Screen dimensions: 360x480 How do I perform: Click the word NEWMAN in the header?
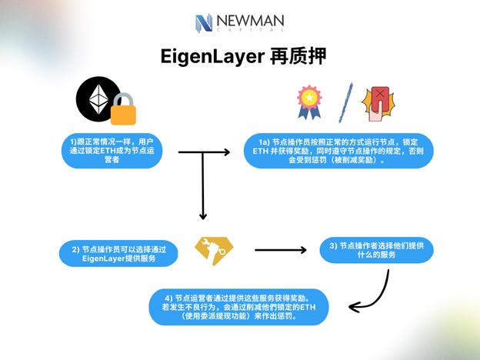tap(249, 23)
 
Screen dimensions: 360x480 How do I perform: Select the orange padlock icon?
tap(123, 112)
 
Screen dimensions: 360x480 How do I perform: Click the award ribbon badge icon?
tap(308, 102)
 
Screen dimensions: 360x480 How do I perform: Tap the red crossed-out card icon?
tap(377, 104)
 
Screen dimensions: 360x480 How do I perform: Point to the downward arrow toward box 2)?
tap(202, 188)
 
